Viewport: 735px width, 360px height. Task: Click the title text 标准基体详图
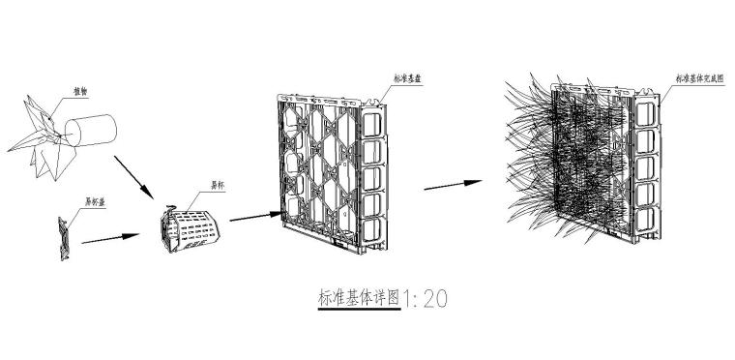[359, 297]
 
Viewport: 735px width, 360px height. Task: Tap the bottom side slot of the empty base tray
[370, 231]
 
